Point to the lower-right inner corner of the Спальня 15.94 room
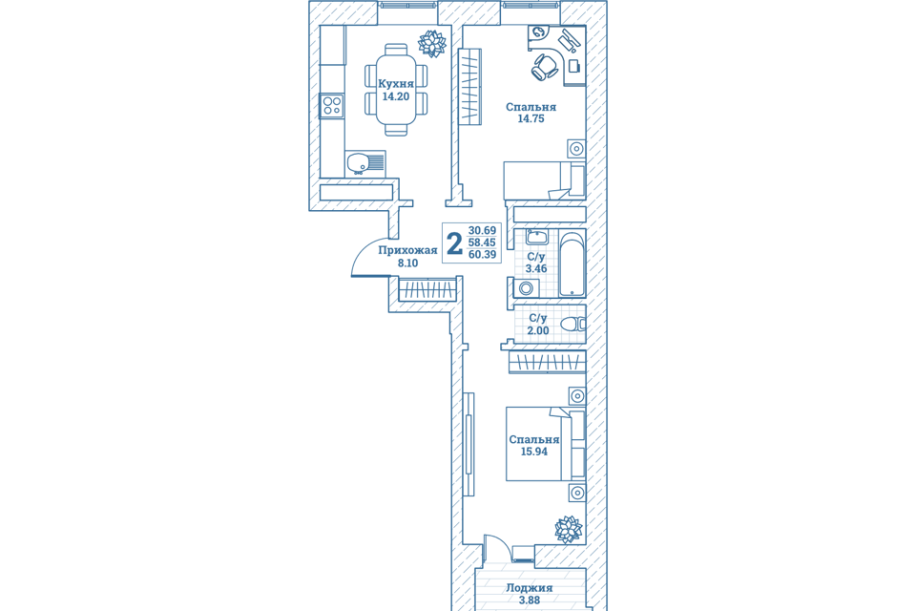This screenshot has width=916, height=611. coord(586,544)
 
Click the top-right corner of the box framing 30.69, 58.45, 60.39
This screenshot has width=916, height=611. coord(501,222)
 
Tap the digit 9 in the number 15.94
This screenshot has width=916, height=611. coord(537,452)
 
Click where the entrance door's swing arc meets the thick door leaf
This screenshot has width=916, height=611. coord(352,275)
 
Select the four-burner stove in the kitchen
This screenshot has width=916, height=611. coord(332,106)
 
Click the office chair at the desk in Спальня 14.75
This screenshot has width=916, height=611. coord(546,66)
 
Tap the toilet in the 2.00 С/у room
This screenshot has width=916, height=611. coord(573,324)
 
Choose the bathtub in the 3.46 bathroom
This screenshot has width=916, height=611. coord(572,263)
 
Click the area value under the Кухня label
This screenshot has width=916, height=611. coord(395,96)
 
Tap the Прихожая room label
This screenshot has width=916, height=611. coord(407,251)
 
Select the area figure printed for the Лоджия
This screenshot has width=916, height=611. coord(530,600)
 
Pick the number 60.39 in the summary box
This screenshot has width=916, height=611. coord(482,254)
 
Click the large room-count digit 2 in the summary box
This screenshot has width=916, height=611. coord(454,243)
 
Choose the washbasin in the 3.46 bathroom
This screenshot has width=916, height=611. coord(537,237)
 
